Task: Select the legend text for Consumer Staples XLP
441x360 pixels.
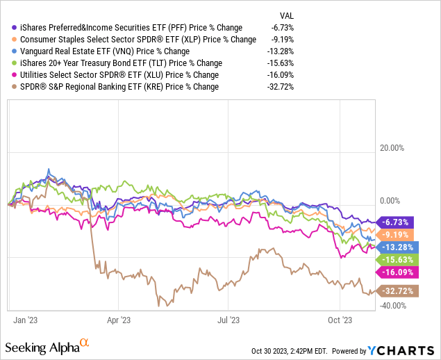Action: click(x=138, y=40)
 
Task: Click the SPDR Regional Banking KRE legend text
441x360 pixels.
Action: click(x=119, y=87)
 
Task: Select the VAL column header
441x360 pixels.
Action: click(x=288, y=15)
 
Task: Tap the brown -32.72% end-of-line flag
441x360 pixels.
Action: click(x=397, y=290)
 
